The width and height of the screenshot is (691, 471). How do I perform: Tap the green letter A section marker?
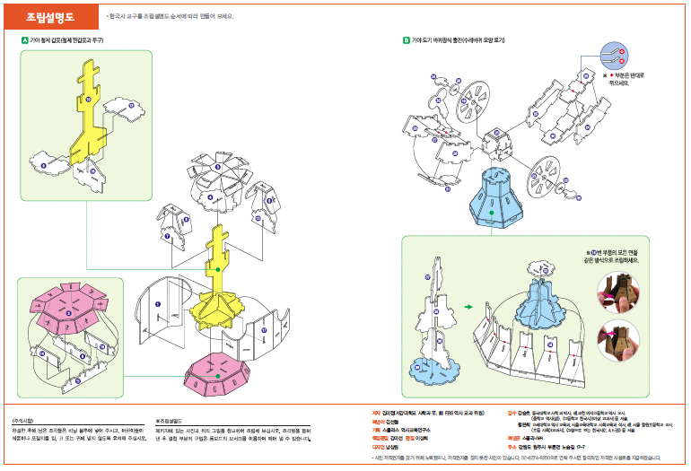25,40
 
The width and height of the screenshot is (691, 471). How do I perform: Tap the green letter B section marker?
407,40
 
